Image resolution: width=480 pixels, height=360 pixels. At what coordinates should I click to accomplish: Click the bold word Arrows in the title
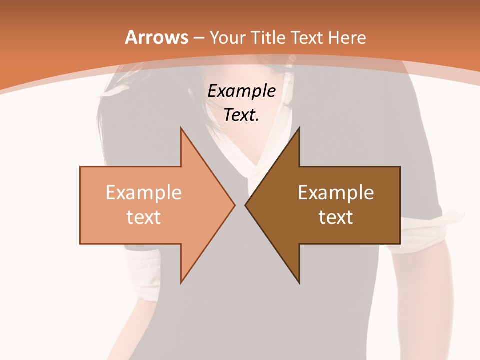tap(156, 37)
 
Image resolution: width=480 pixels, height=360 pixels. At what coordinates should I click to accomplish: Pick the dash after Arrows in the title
tap(198, 38)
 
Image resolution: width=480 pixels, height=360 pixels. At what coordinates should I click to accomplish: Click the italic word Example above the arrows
tap(241, 91)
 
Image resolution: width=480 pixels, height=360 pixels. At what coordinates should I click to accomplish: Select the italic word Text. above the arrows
tap(241, 115)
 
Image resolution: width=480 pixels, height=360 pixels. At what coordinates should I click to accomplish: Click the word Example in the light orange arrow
tap(144, 193)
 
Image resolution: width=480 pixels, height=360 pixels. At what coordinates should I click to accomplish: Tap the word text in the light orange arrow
tap(144, 217)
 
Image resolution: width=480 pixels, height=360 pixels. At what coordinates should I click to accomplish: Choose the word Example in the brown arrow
tap(336, 193)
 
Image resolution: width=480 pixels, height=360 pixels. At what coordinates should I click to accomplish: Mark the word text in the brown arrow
tap(336, 217)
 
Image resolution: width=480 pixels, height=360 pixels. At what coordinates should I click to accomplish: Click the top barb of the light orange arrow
tap(182, 131)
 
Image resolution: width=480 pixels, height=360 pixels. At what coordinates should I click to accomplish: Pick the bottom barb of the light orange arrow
tap(182, 280)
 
